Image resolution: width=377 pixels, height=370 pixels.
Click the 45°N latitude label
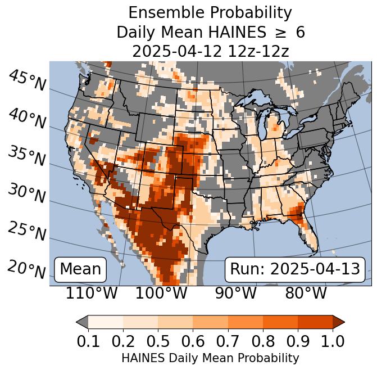27,80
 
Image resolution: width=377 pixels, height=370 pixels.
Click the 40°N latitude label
27,119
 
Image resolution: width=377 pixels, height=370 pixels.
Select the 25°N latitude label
27,231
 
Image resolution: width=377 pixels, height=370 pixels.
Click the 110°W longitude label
92,294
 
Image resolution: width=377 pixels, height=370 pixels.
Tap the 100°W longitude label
161,294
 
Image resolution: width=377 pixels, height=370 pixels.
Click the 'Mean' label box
80,269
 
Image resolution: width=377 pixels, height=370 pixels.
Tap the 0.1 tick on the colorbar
88,341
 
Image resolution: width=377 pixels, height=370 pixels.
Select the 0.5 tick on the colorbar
158,341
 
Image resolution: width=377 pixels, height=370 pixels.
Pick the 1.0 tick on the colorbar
332,341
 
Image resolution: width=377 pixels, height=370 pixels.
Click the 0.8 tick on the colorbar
262,341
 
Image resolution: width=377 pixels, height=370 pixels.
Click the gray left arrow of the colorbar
82,322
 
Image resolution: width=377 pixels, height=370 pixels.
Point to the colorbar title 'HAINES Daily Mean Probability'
210,358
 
